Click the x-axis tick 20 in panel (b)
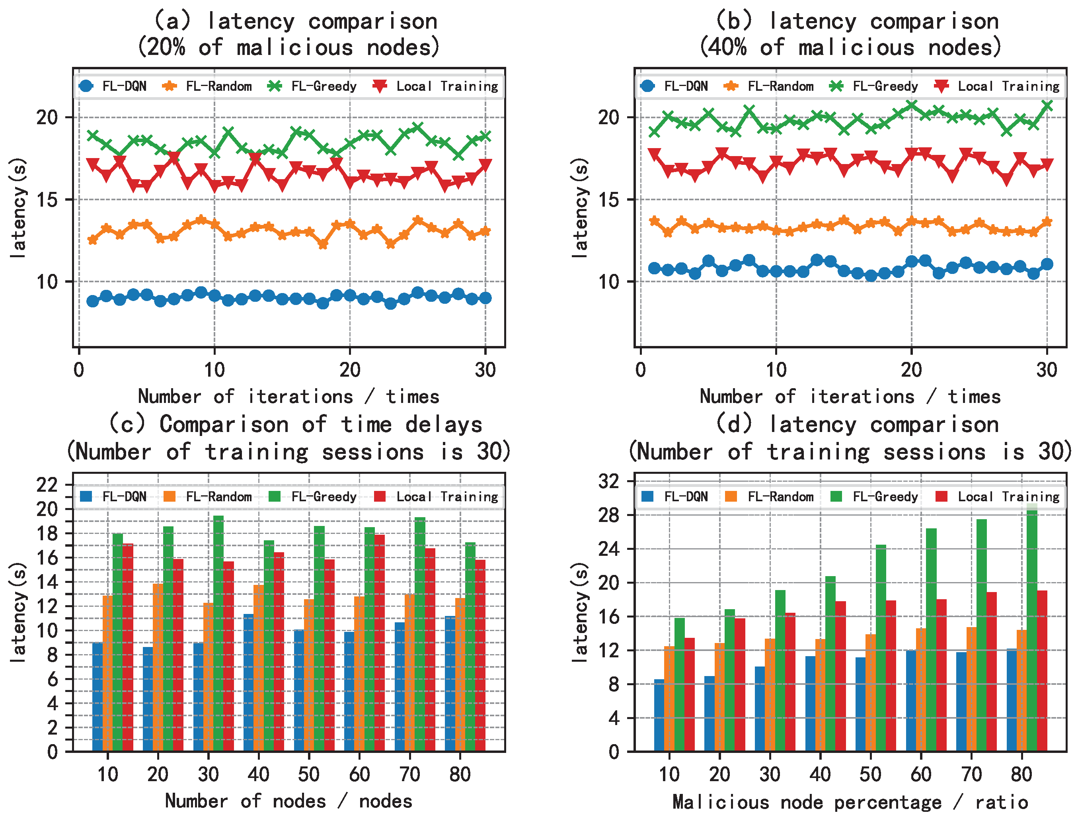pyautogui.click(x=911, y=370)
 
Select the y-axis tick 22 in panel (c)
pyautogui.click(x=48, y=485)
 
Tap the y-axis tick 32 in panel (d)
pyautogui.click(x=609, y=481)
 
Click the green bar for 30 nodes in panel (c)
pyautogui.click(x=218, y=633)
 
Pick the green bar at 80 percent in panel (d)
pyautogui.click(x=1032, y=628)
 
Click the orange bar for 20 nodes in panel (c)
pyautogui.click(x=158, y=666)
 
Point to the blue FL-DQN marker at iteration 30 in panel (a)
pyautogui.click(x=485, y=298)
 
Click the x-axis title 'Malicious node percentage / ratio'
pyautogui.click(x=850, y=801)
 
